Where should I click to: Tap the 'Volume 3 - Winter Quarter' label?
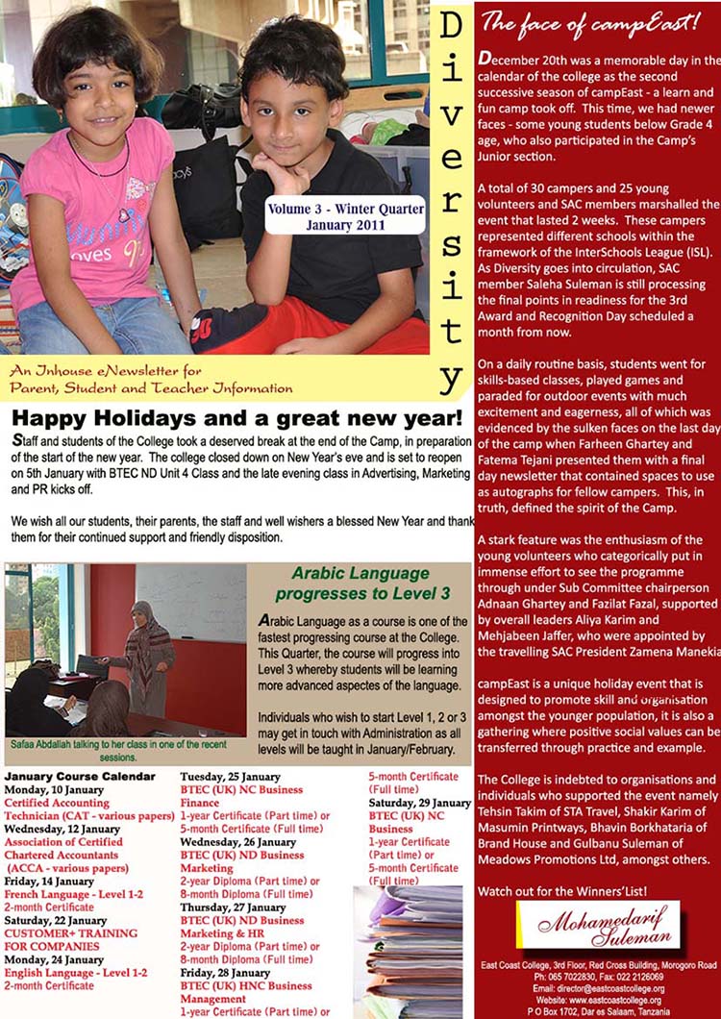click(x=346, y=207)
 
